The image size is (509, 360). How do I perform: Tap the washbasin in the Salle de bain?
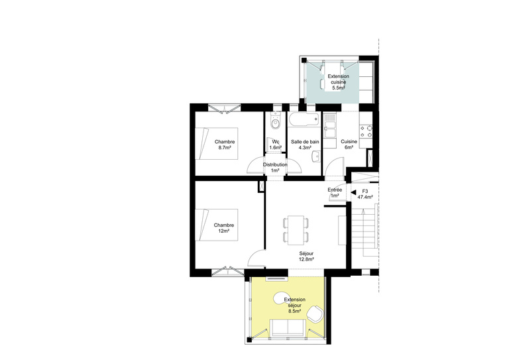pyautogui.click(x=317, y=156)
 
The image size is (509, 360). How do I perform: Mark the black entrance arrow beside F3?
pyautogui.click(x=353, y=190)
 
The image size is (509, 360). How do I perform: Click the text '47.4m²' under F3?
pyautogui.click(x=365, y=198)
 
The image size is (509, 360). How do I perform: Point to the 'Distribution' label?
pyautogui.click(x=275, y=164)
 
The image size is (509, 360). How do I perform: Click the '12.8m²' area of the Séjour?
pyautogui.click(x=306, y=259)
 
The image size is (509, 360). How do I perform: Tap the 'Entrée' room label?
pyautogui.click(x=335, y=190)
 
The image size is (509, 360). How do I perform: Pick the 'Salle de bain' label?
pyautogui.click(x=305, y=142)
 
